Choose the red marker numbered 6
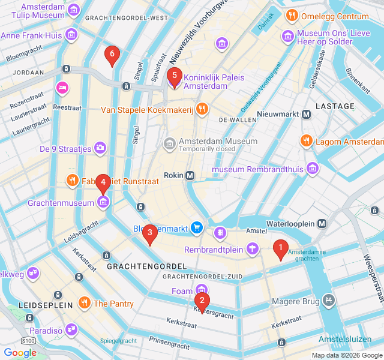point(111,55)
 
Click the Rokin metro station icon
point(190,175)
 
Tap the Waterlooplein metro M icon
point(322,223)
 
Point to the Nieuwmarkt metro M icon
point(307,114)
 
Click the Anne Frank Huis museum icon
point(71,34)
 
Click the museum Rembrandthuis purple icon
point(312,169)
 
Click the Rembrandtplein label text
point(214,250)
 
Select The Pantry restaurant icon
point(85,303)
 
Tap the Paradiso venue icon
point(72,329)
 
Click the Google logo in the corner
point(20,353)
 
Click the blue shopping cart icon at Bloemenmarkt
point(196,227)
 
